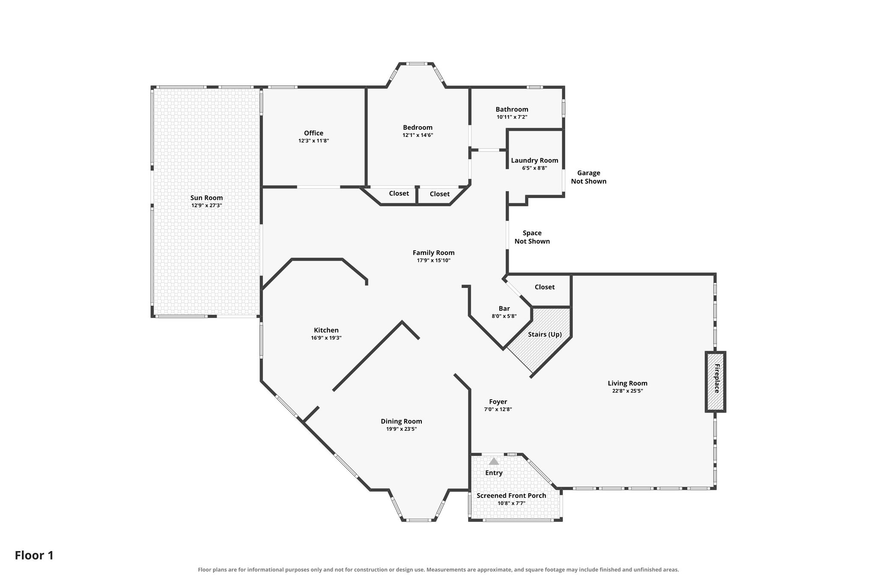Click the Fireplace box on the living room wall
coord(715,382)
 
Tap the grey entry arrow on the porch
coord(494,461)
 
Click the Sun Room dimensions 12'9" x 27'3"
coord(206,205)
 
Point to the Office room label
coord(313,133)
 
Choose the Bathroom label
coord(512,109)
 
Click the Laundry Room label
coord(534,160)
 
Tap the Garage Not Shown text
coord(588,177)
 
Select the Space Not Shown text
coord(532,237)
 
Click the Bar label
coord(504,308)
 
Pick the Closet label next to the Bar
coord(544,287)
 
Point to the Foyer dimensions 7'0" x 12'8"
coord(498,409)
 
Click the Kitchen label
coord(326,330)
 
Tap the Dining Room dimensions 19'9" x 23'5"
coord(401,429)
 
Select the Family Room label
coord(433,253)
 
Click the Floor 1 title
coord(34,555)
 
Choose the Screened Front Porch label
coord(511,495)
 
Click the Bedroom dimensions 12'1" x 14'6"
coord(418,135)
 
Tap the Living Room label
coord(627,383)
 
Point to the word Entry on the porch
coord(494,473)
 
